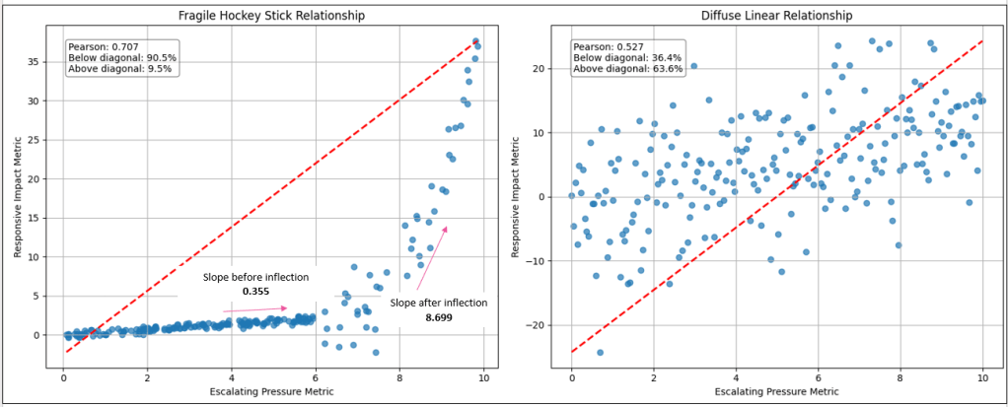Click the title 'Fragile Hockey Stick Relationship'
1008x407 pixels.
pyautogui.click(x=270, y=15)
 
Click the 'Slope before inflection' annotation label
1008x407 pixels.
pyautogui.click(x=255, y=277)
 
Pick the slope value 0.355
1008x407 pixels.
pyautogui.click(x=255, y=292)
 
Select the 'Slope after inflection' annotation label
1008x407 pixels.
pyautogui.click(x=439, y=303)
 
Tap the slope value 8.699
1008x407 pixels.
pyautogui.click(x=439, y=317)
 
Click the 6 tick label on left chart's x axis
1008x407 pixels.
pyautogui.click(x=316, y=375)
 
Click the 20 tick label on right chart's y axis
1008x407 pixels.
pyautogui.click(x=539, y=69)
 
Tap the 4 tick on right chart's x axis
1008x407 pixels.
pyautogui.click(x=736, y=375)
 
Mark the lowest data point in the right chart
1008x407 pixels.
pyautogui.click(x=599, y=352)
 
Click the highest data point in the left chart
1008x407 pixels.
pyautogui.click(x=475, y=40)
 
